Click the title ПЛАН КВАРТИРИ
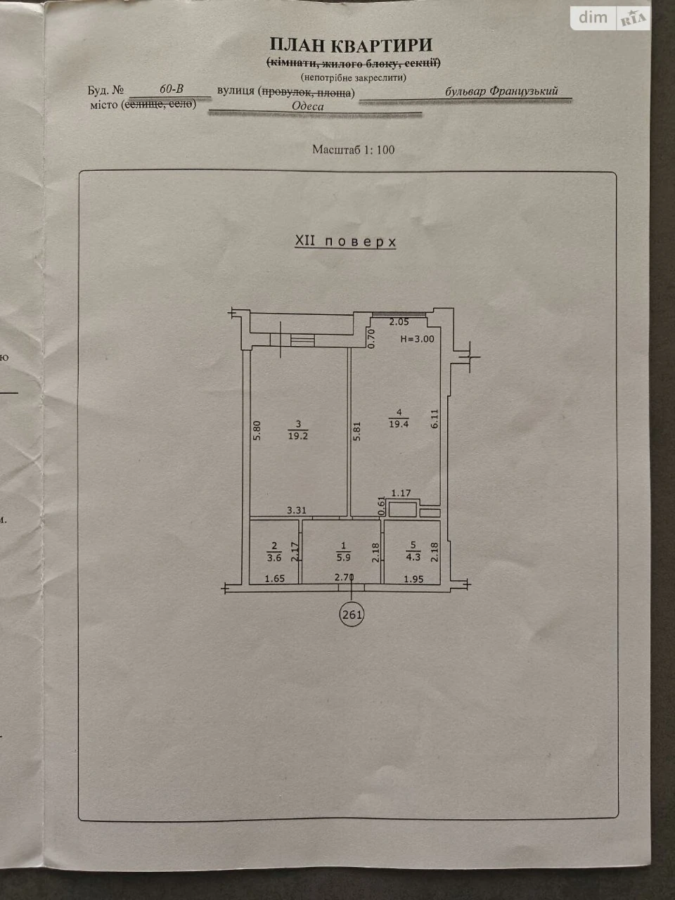pos(351,45)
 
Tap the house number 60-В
pos(172,89)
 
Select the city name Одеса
pos(307,106)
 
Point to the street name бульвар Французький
pos(501,91)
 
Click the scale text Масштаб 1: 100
pos(353,150)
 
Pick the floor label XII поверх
pos(345,241)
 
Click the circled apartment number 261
pos(352,615)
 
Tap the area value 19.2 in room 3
pos(298,436)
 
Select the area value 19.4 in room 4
pos(399,424)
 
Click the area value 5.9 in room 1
pos(343,557)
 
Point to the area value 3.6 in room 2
pos(274,558)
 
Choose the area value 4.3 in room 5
pos(413,557)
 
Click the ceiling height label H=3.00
pos(417,339)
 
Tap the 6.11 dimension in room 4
pos(435,419)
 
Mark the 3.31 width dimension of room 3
pos(296,510)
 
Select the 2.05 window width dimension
pos(399,322)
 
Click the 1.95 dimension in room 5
pos(413,579)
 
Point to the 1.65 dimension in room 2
pos(275,579)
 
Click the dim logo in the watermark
pos(593,18)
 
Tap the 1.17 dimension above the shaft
pos(401,493)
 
